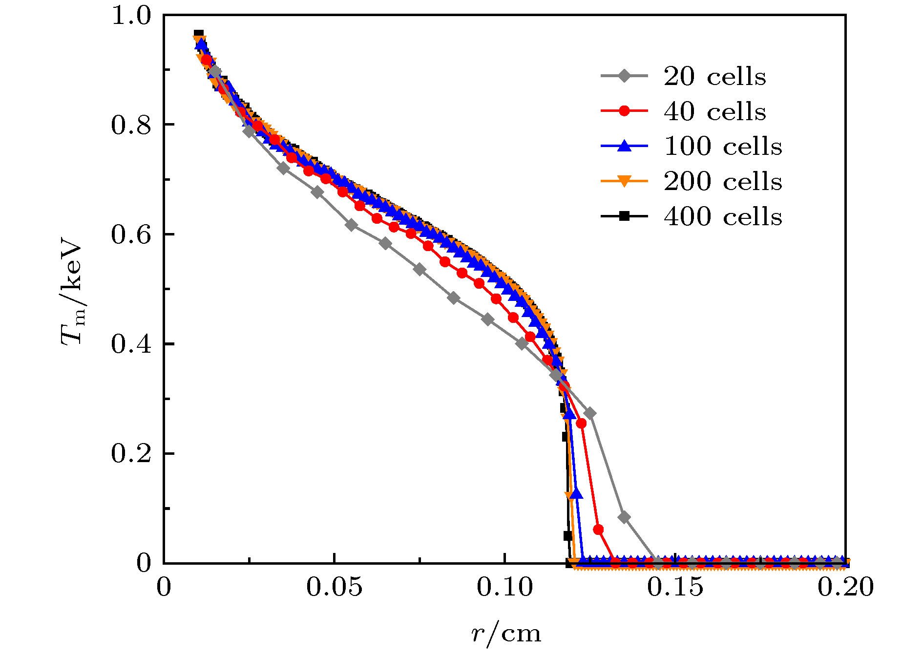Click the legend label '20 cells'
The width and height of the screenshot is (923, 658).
pos(714,77)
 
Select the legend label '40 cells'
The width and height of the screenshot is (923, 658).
pos(714,112)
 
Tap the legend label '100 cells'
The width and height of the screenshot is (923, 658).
pos(723,147)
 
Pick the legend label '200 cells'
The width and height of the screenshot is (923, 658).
pos(723,182)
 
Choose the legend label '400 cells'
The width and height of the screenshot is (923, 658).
pos(723,216)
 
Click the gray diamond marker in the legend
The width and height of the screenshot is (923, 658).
pos(624,76)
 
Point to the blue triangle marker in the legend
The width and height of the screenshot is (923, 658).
pos(624,146)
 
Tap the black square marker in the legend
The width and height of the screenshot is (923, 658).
pos(624,216)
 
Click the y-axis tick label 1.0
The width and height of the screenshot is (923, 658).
pos(131,16)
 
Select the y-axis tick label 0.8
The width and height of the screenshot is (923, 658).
pos(131,125)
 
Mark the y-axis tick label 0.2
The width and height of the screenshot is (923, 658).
pos(131,454)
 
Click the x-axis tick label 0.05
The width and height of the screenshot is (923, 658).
pos(335,587)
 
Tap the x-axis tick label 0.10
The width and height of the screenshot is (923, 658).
pos(505,587)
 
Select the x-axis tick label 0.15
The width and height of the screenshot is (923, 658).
pos(675,587)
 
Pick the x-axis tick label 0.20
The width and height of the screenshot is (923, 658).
pos(845,587)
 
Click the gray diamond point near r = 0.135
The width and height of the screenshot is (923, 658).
pos(624,517)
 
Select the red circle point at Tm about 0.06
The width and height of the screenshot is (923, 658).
pos(598,530)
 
